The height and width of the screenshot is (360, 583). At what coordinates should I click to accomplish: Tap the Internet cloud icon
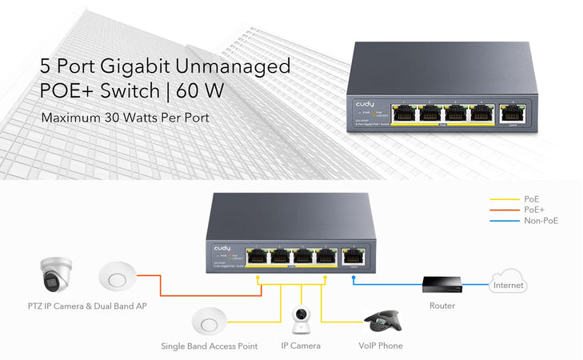[509, 285]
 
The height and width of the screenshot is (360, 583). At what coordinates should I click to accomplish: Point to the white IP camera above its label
[301, 322]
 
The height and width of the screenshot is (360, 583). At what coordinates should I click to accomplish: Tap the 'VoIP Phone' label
[381, 346]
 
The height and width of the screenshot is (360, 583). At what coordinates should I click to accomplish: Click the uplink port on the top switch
[509, 112]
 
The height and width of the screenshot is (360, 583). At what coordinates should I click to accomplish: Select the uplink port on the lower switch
[353, 257]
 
